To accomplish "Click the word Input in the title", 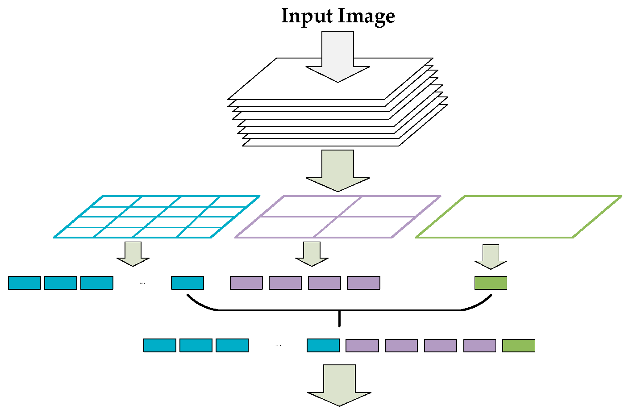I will [x=307, y=17].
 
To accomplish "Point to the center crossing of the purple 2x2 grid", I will [x=337, y=217].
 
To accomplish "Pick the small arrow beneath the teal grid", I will [x=133, y=254].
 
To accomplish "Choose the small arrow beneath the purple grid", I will [x=312, y=254].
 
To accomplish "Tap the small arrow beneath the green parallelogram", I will [x=491, y=256].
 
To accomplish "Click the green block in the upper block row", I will [x=491, y=283].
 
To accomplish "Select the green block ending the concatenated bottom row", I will [x=519, y=346].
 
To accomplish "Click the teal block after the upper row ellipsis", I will [x=187, y=283].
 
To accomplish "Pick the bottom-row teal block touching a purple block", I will [x=323, y=346].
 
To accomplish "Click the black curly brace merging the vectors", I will [x=339, y=309].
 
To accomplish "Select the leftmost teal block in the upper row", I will [x=25, y=283].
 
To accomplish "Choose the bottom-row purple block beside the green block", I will [x=479, y=346].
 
